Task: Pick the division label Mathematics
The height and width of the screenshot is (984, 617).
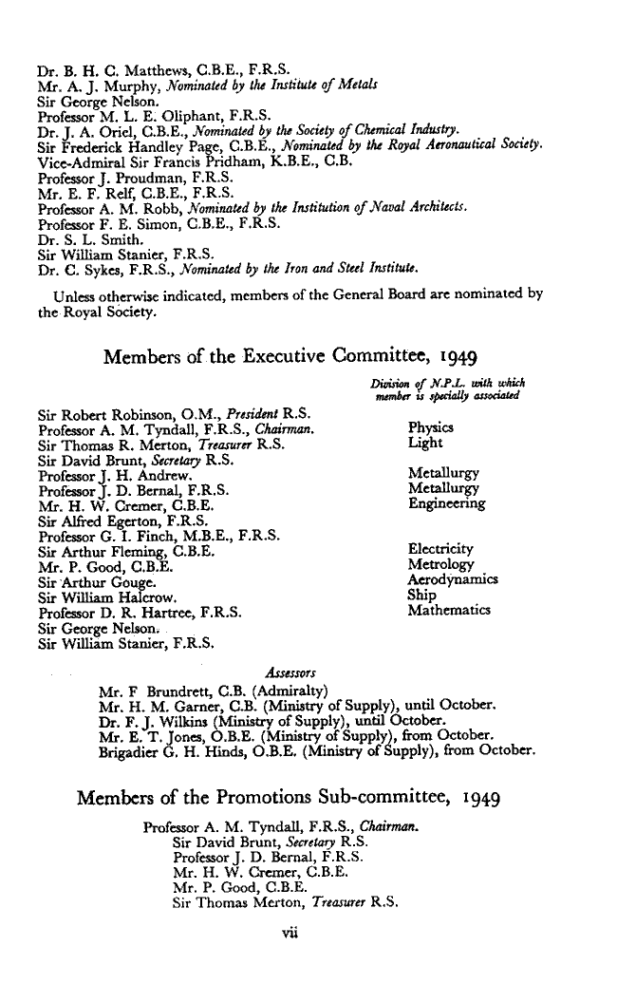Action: tap(448, 611)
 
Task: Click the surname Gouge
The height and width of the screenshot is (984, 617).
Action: tap(102, 580)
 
